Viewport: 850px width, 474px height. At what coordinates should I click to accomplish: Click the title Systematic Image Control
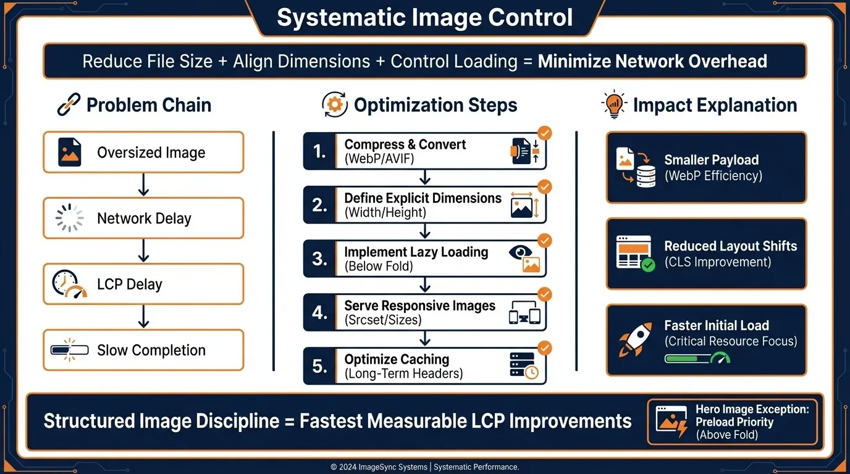pos(424,17)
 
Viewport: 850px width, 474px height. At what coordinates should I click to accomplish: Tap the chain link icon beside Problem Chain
pos(68,105)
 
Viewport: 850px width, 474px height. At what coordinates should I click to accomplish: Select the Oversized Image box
pos(143,152)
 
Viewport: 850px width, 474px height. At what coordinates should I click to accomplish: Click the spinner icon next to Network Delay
pos(69,218)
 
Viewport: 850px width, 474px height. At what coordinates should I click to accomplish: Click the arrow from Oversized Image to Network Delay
pos(143,185)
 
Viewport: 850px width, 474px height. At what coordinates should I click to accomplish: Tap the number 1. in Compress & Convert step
pos(319,151)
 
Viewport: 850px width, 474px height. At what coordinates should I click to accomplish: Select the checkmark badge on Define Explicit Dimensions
pos(545,186)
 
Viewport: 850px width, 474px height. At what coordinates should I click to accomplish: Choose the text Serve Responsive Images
pos(419,306)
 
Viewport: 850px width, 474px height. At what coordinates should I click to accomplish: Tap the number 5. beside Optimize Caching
pos(319,366)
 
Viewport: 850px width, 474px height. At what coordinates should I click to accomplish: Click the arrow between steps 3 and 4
pos(424,285)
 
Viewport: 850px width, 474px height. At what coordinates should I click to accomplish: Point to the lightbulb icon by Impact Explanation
pos(613,105)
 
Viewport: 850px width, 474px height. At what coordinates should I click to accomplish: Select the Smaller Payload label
pos(711,160)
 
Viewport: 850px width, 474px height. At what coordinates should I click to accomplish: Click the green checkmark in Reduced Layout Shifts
pos(648,265)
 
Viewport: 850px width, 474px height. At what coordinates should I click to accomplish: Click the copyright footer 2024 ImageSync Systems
pos(424,467)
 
